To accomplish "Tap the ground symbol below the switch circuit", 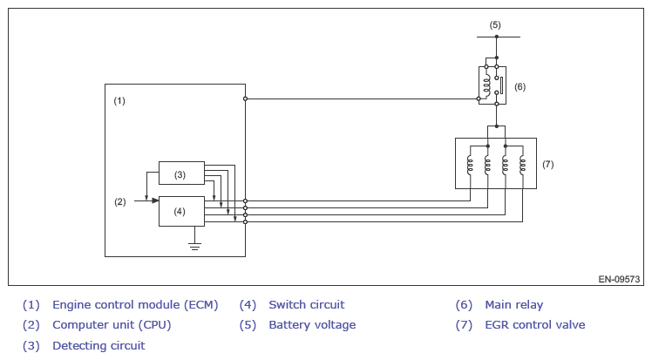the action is pyautogui.click(x=194, y=247).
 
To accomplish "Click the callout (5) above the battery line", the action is pyautogui.click(x=495, y=25).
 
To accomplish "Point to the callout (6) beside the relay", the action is pyautogui.click(x=520, y=87).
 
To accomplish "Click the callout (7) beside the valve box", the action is pyautogui.click(x=547, y=164).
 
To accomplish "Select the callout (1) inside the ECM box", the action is pyautogui.click(x=119, y=100).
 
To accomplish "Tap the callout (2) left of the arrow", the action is pyautogui.click(x=119, y=201).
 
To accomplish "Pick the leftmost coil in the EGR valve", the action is pyautogui.click(x=470, y=164).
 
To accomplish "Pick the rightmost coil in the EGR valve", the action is pyautogui.click(x=522, y=164).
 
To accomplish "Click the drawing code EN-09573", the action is pyautogui.click(x=619, y=279).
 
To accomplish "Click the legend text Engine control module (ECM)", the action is pyautogui.click(x=135, y=305).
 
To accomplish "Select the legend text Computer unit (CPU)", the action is pyautogui.click(x=112, y=324).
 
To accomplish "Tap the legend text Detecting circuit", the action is pyautogui.click(x=98, y=345).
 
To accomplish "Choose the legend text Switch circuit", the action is pyautogui.click(x=307, y=305).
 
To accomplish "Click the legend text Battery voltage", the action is pyautogui.click(x=312, y=324).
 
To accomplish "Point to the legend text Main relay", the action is pyautogui.click(x=514, y=305).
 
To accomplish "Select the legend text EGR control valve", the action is pyautogui.click(x=534, y=324).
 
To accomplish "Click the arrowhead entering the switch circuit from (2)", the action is pyautogui.click(x=155, y=200).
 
